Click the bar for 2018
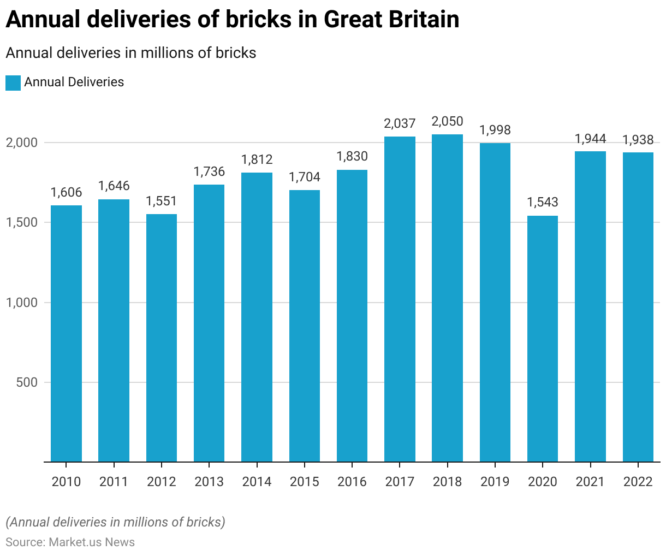(447, 298)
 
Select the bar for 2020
(543, 339)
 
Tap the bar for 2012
(162, 338)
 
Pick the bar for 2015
(305, 326)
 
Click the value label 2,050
(447, 121)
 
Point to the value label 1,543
(543, 203)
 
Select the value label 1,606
(66, 192)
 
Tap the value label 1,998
(495, 130)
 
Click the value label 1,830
(352, 157)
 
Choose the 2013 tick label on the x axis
(209, 482)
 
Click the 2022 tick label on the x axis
(638, 482)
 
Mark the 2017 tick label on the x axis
(400, 482)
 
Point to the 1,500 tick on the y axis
(21, 223)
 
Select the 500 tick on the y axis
(27, 383)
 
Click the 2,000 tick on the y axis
(21, 143)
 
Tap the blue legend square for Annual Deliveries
(13, 83)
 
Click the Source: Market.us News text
(70, 542)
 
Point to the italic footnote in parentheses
(115, 522)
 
